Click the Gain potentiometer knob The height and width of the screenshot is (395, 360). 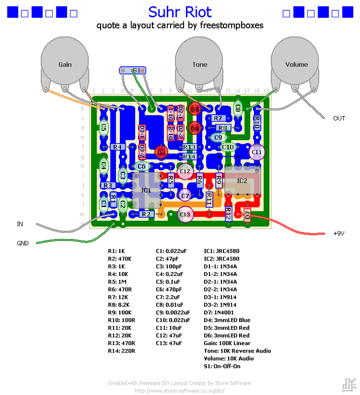[65, 64]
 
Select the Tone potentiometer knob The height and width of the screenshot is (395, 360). [200, 64]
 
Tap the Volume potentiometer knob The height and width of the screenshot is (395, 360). [296, 64]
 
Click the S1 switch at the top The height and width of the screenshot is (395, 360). [135, 71]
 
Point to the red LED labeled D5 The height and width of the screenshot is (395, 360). [195, 109]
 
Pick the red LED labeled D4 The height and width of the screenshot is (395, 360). [161, 152]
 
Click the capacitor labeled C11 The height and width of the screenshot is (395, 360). [256, 152]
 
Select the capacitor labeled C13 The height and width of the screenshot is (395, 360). [185, 214]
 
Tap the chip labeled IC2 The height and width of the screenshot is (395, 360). [242, 181]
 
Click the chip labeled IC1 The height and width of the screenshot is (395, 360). [146, 190]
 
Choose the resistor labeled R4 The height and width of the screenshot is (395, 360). [117, 147]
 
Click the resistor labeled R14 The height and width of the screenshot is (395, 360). [189, 157]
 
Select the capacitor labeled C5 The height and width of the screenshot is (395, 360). [104, 127]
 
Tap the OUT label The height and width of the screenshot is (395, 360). [339, 118]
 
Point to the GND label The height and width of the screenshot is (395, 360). [23, 243]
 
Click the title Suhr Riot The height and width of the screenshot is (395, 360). [180, 12]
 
